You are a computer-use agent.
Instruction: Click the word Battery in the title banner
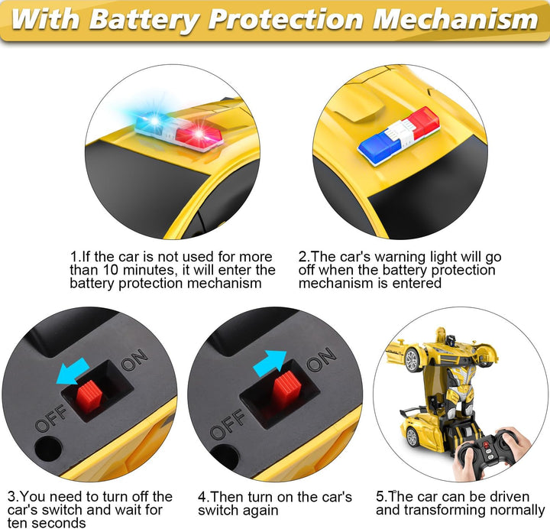point(144,19)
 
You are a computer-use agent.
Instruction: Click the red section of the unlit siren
point(424,122)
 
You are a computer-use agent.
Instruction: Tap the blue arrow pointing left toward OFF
point(73,372)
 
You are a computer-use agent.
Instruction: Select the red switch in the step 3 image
point(89,396)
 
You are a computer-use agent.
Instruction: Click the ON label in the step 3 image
point(134,360)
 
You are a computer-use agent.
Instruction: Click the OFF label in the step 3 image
point(51,417)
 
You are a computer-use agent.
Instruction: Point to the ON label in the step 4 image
point(322,359)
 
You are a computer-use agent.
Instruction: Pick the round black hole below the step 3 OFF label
point(48,449)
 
